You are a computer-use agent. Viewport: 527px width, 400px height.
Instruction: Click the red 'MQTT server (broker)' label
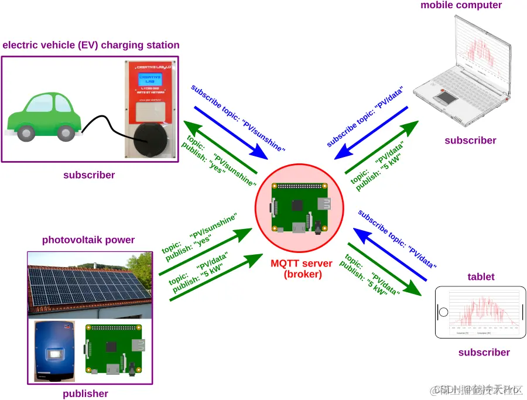301,269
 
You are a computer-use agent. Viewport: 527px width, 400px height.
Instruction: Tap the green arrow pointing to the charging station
220,146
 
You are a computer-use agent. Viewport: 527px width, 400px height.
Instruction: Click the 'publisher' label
85,394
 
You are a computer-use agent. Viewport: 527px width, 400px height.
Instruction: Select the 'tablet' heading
481,276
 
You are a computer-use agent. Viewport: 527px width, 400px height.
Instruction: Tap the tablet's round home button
444,312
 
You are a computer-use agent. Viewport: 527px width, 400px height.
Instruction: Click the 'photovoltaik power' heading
88,240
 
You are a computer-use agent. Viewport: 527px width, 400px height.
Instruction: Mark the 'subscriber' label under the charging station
89,175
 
